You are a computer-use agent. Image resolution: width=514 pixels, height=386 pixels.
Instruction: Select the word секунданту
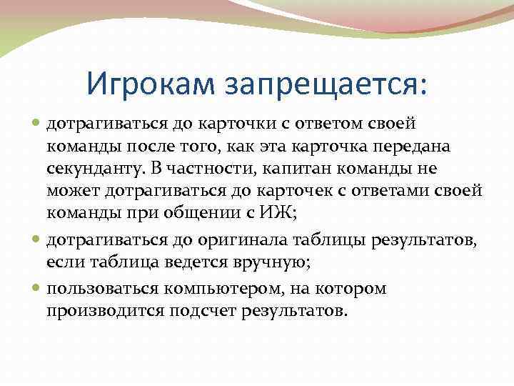click(94, 169)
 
